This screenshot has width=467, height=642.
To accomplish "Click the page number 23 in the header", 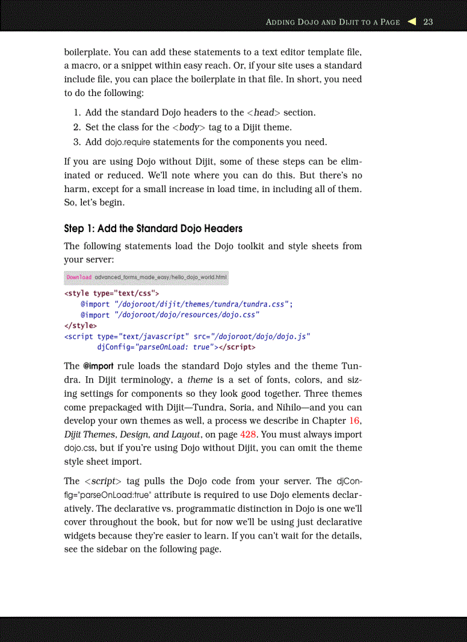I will [428, 22].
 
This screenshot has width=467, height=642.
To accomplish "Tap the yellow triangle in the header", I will [411, 22].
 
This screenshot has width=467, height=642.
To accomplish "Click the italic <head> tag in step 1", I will [264, 113].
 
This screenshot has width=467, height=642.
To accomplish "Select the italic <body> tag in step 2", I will [189, 127].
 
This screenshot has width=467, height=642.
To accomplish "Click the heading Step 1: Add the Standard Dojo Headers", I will [153, 229].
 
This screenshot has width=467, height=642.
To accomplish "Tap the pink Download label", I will [79, 277].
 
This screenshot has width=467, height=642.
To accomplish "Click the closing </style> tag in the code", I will [80, 326].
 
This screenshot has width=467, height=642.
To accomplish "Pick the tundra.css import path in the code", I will [203, 304].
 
